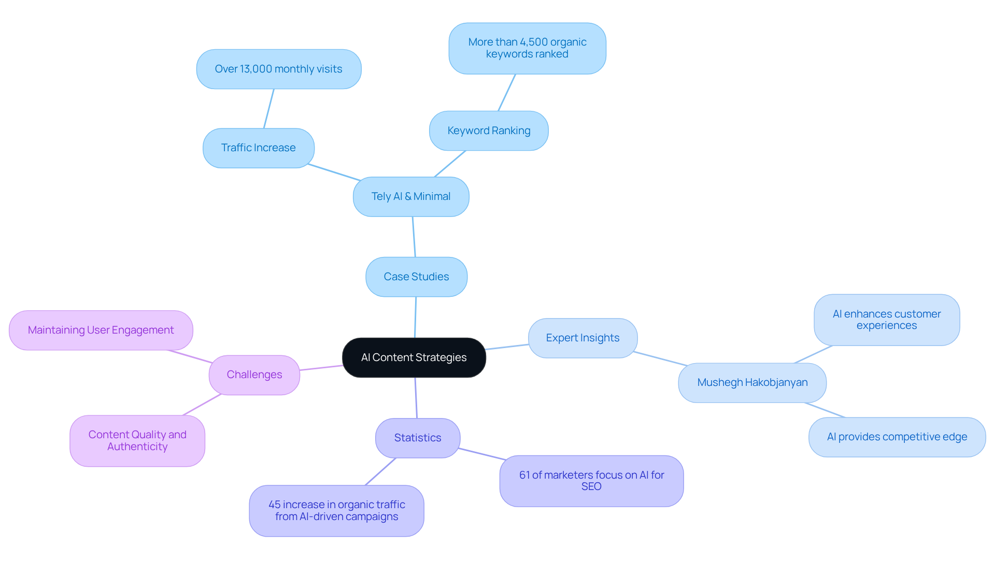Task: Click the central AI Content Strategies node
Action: pos(414,357)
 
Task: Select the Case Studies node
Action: pos(416,277)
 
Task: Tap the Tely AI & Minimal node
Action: pos(411,196)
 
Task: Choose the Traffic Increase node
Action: pos(258,148)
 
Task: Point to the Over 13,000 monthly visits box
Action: pos(278,69)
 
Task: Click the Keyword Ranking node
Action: pos(489,131)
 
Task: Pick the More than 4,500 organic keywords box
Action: pos(527,48)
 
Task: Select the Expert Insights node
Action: pos(582,338)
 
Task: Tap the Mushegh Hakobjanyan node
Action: pos(752,382)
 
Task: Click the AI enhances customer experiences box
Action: pos(886,320)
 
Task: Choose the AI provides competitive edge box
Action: pos(897,437)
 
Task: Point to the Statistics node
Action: pos(417,438)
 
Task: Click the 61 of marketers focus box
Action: pos(591,481)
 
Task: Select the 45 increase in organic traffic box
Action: pos(336,510)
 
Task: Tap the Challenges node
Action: pos(254,375)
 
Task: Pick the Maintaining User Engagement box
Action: pos(101,330)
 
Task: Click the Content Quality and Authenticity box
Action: pos(137,440)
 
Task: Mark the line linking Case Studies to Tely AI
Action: pos(414,237)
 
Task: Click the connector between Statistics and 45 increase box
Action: pos(380,471)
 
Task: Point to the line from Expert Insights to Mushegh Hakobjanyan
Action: pos(660,358)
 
